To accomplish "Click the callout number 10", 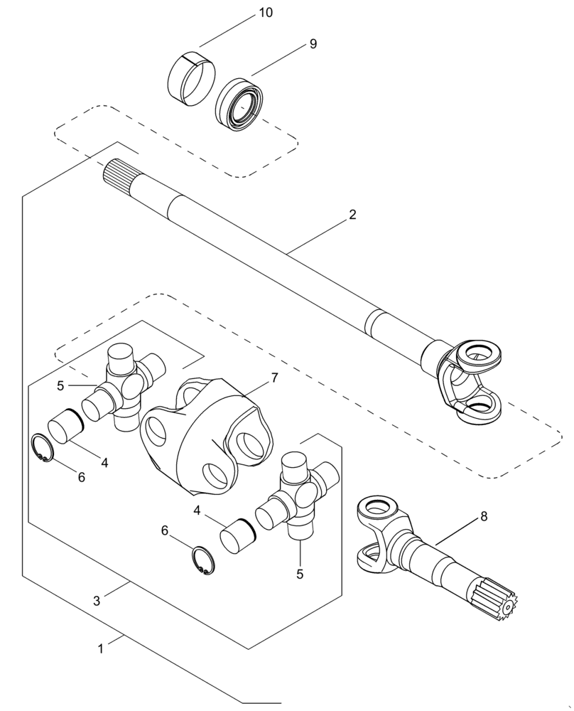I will click(246, 14).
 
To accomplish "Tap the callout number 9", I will click(313, 44).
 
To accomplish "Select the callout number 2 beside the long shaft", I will click(352, 215).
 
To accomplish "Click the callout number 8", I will click(484, 517).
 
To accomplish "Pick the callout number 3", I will click(97, 599).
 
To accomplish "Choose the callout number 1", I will click(101, 648).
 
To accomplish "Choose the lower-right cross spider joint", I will click(298, 498).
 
